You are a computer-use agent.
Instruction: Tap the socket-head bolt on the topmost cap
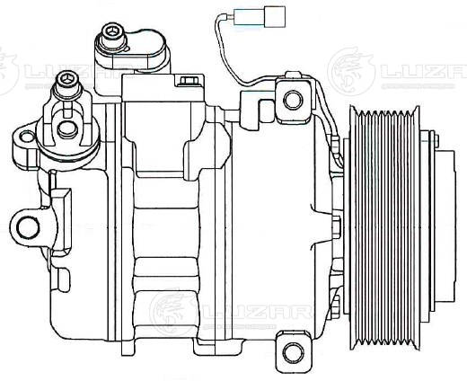(113, 36)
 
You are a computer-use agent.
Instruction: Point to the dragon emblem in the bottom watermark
(170, 311)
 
